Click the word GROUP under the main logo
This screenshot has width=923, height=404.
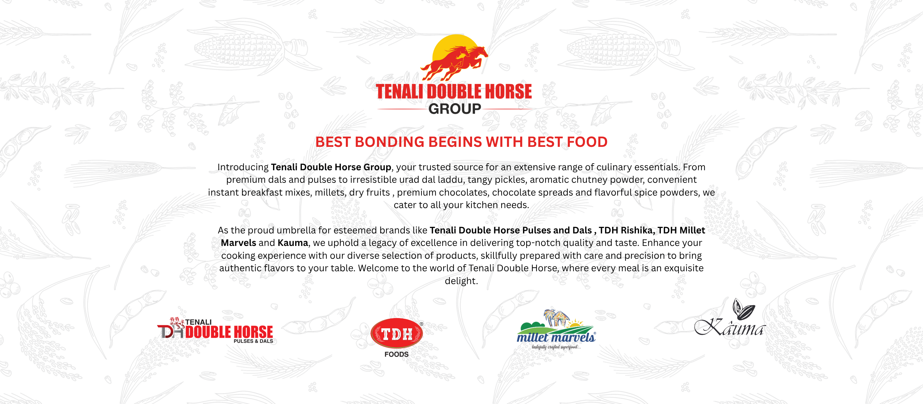[x=454, y=109]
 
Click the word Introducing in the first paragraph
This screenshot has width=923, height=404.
[x=243, y=167]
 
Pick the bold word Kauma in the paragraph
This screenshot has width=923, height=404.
[x=293, y=243]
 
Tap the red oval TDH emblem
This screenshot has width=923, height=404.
[x=397, y=333]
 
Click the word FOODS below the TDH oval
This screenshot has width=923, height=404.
[x=397, y=354]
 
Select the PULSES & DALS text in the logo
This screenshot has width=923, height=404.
[x=253, y=341]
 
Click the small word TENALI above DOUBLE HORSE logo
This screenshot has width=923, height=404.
[x=198, y=322]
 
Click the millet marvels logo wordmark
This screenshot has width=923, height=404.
[x=556, y=337]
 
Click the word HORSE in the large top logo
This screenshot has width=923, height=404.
[x=509, y=91]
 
